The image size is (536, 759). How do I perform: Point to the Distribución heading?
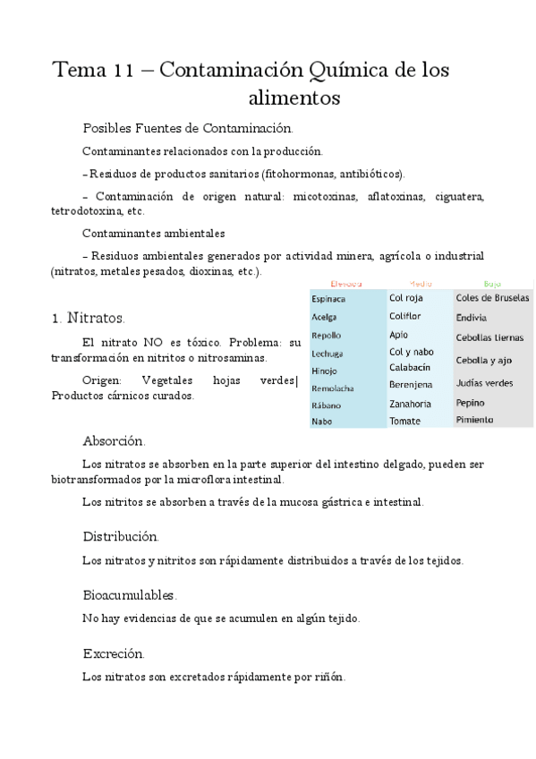coord(121,536)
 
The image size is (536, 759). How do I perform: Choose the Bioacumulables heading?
coord(130,594)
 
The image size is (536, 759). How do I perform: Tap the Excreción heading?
coord(114,653)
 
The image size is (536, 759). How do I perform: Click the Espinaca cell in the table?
coord(328,300)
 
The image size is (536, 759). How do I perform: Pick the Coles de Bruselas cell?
coord(492,298)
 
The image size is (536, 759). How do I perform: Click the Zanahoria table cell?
coord(411,404)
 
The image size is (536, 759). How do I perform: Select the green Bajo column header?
coord(492,283)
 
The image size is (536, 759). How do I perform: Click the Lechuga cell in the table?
coord(328,354)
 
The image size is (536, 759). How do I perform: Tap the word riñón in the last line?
coord(328,677)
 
